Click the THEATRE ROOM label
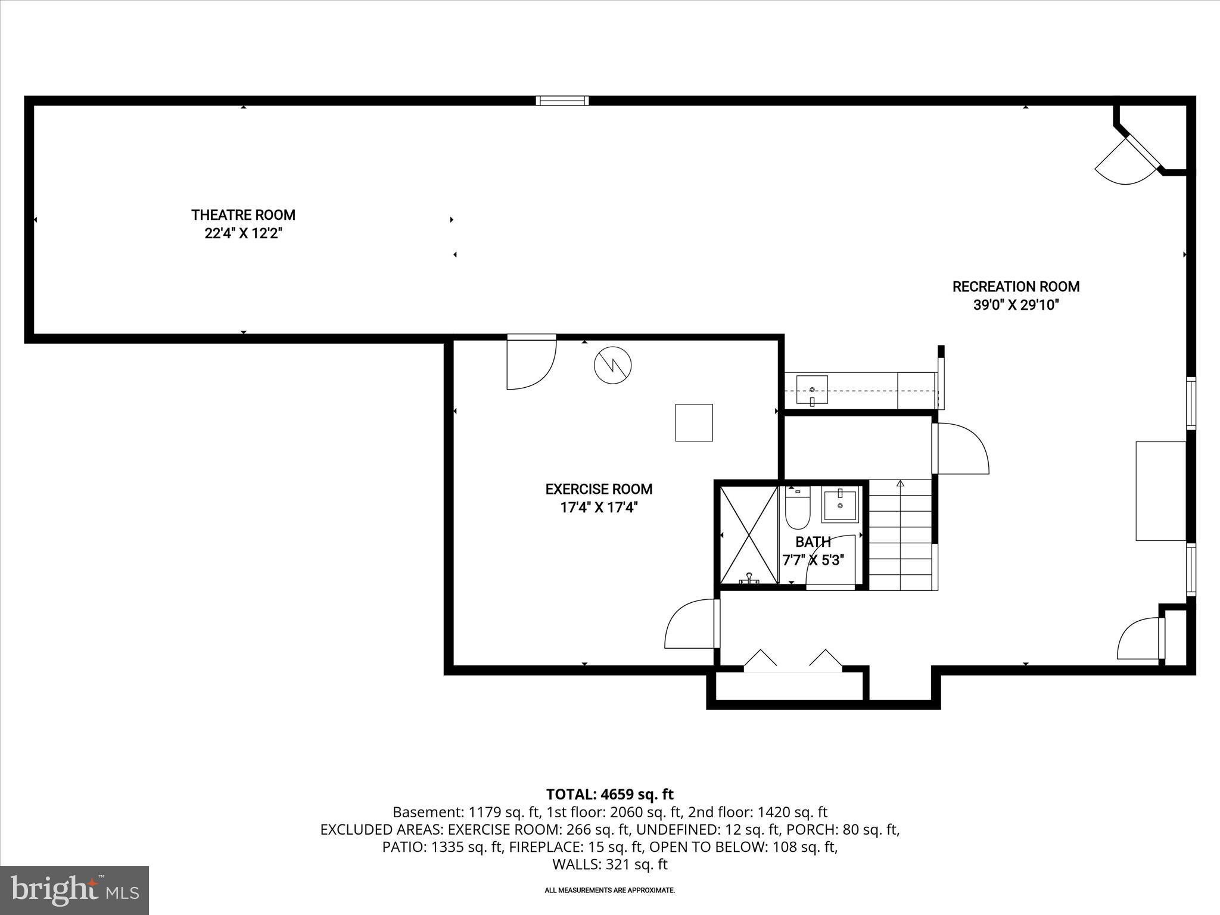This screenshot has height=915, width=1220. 243,214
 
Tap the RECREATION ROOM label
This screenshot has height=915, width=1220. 1016,287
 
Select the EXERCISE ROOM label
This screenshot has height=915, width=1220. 599,489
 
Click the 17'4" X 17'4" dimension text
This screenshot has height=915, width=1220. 599,508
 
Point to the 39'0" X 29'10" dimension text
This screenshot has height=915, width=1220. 1016,305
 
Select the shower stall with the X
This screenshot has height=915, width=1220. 749,534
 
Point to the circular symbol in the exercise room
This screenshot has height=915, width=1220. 612,365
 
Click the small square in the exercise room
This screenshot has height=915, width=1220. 693,422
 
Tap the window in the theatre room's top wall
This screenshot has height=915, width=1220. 562,100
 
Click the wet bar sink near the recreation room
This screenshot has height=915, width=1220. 811,390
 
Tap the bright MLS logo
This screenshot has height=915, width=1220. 74,890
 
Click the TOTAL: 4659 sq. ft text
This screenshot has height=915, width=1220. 609,794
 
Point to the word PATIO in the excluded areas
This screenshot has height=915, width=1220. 402,847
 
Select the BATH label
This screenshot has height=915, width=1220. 813,542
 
